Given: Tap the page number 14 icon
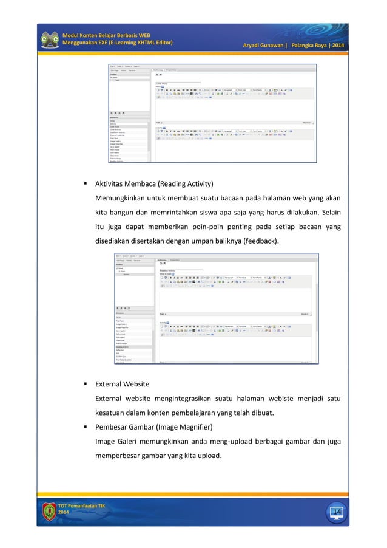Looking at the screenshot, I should (336, 513).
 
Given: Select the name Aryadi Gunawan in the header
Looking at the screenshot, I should (264, 46).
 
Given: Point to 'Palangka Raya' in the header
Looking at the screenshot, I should (311, 46).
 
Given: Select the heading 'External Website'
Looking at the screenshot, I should (122, 384).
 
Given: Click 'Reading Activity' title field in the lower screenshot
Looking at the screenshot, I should (170, 270).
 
